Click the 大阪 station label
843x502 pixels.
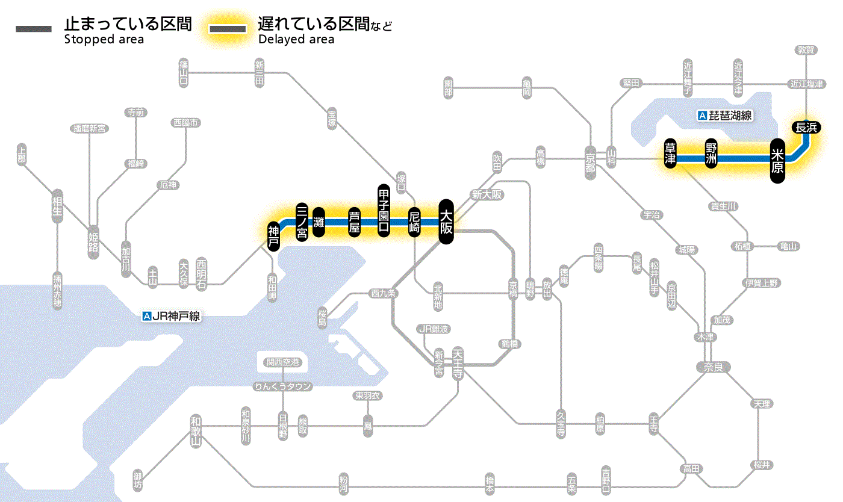[446, 222]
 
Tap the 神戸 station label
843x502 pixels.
[273, 237]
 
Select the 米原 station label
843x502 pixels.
[777, 161]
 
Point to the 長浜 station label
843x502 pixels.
[806, 127]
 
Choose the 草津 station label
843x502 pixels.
[670, 153]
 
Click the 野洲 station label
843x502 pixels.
[712, 153]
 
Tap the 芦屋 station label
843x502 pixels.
[355, 222]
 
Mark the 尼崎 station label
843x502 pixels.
[414, 222]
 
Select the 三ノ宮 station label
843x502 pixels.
[302, 222]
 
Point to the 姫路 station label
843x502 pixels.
[93, 242]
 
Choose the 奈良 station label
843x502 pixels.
[712, 367]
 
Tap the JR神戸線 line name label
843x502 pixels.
[171, 315]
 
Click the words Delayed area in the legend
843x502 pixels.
[296, 40]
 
